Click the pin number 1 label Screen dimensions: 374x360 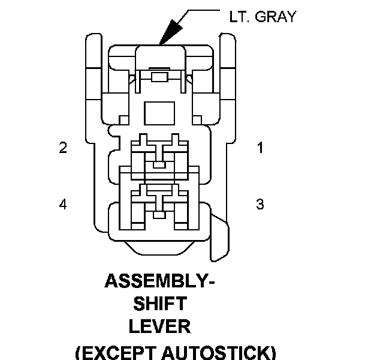point(260,147)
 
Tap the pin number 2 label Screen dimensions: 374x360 point(63,147)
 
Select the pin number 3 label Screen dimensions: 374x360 point(260,204)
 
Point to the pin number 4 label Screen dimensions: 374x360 point(63,205)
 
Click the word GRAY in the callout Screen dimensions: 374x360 point(276,17)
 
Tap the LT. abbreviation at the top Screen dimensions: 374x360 point(239,17)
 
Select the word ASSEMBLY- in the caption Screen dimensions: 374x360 point(159,281)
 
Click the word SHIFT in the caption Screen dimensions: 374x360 point(160,303)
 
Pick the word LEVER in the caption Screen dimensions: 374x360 point(160,326)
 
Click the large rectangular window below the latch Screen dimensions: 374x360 point(159,113)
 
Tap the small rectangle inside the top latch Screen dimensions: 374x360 point(159,77)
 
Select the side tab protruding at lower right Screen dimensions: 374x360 point(219,238)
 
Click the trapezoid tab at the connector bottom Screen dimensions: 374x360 point(159,248)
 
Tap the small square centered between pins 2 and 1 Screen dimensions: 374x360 point(159,165)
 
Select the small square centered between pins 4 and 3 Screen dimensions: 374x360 point(159,215)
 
